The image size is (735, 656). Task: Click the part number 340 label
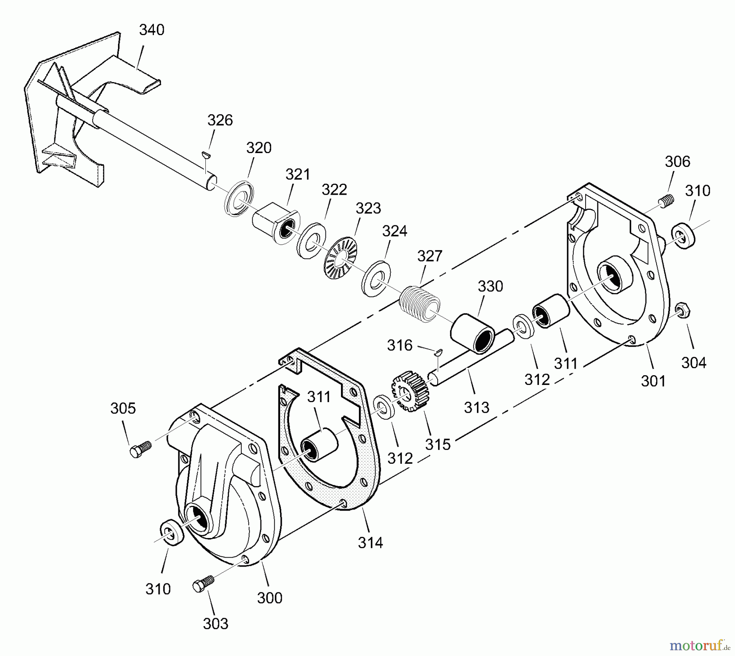click(151, 30)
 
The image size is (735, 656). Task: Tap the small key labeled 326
click(206, 154)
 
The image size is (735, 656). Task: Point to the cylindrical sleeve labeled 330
click(473, 333)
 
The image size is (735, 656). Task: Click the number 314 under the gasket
click(370, 543)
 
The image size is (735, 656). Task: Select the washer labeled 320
click(238, 197)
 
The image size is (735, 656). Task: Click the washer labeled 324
click(376, 278)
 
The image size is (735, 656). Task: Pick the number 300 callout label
click(270, 598)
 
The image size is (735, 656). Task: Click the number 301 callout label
click(653, 381)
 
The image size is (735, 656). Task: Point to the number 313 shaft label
click(477, 407)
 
